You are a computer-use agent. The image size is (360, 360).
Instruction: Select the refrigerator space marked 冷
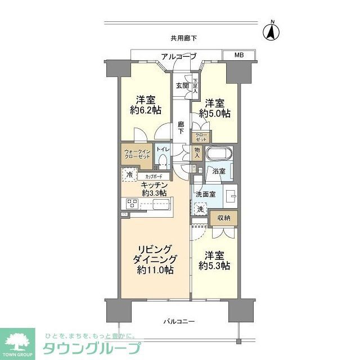[x=129, y=175]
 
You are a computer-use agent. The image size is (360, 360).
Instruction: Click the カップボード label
[x=154, y=176]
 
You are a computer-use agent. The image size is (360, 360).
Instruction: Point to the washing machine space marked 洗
[x=200, y=208]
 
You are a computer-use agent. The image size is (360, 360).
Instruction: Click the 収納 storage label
[x=224, y=217]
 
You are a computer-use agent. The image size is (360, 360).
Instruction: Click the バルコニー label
[x=179, y=321]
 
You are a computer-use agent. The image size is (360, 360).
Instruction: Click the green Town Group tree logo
[x=17, y=341]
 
